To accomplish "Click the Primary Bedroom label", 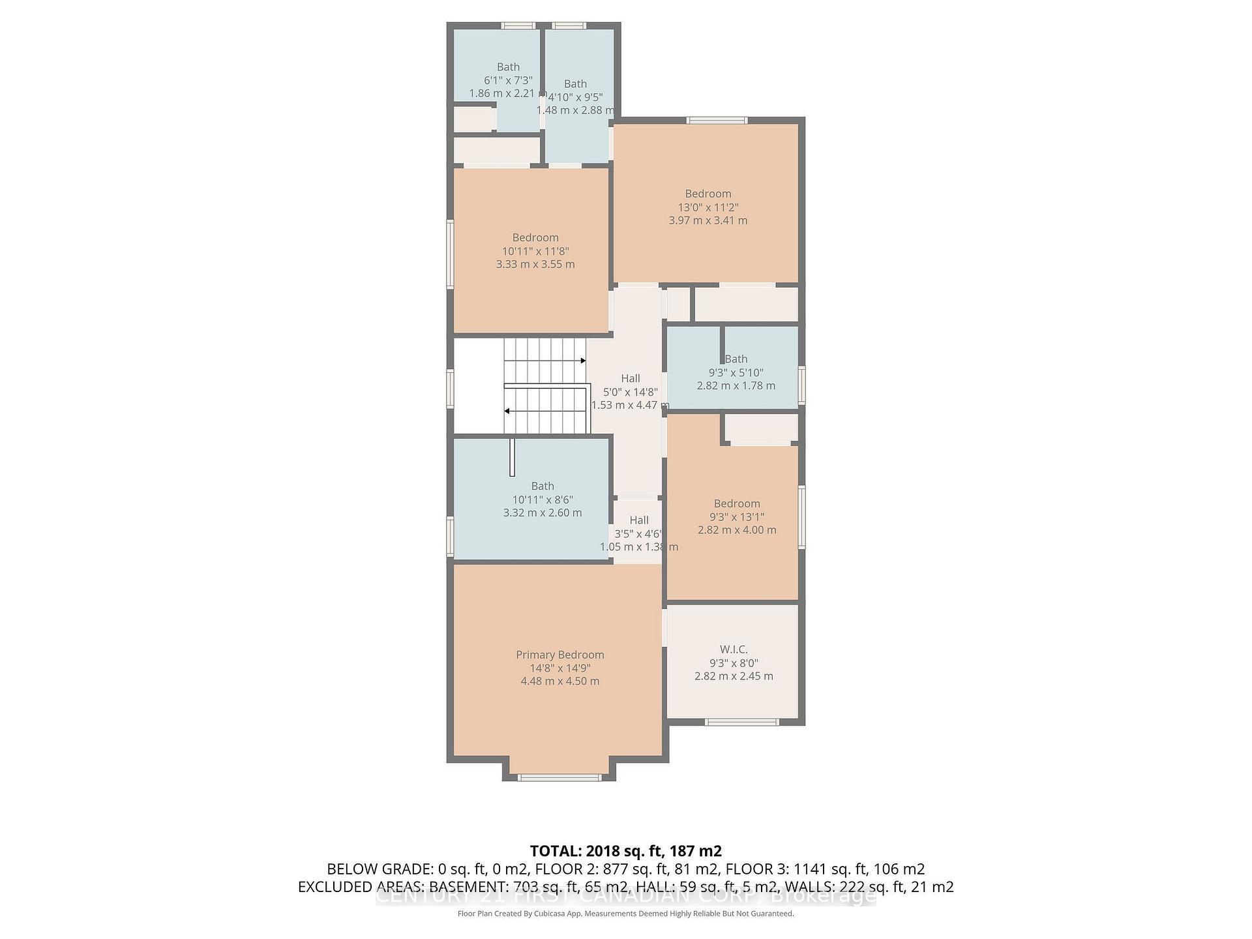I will [x=559, y=655].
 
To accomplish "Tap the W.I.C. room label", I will [x=734, y=649].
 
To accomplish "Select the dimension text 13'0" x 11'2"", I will [x=708, y=207].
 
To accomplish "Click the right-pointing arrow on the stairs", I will [x=582, y=361].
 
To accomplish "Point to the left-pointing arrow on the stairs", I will [x=507, y=411].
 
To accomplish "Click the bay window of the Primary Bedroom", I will [x=559, y=777].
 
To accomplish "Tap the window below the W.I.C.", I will [x=742, y=722].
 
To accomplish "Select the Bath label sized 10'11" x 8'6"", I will [x=543, y=486].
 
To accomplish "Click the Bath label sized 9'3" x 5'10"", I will [x=736, y=359].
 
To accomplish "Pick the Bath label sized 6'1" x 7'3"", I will [x=508, y=67].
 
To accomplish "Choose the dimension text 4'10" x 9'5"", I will [x=575, y=97].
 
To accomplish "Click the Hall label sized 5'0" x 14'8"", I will [x=630, y=378].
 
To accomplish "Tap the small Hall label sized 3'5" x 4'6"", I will [x=638, y=520].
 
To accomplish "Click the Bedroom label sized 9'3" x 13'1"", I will [x=737, y=503].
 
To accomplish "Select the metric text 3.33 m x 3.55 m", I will [x=535, y=264].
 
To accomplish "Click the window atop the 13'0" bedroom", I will [x=717, y=120].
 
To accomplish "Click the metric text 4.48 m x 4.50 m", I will [x=559, y=681].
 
